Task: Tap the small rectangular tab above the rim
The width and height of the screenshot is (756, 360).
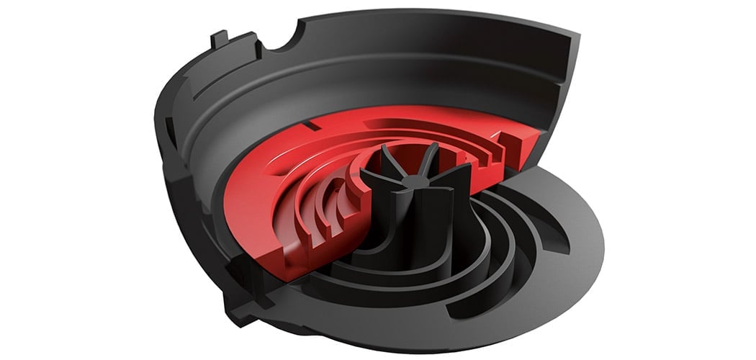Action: [221, 37]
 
